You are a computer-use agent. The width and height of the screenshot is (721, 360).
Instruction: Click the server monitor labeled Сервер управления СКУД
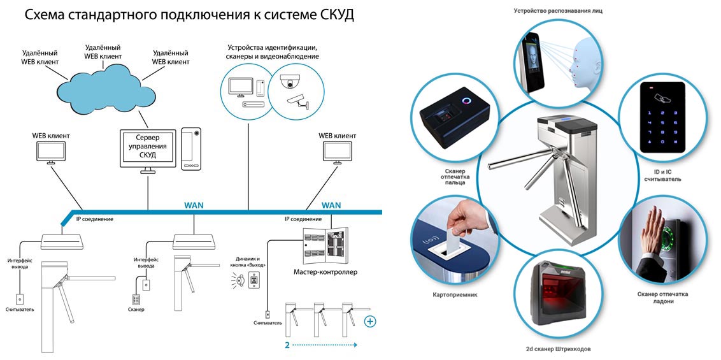click(x=148, y=148)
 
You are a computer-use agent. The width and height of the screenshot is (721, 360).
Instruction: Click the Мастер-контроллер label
click(x=325, y=272)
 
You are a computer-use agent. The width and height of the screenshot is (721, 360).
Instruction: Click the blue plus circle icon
click(x=369, y=322)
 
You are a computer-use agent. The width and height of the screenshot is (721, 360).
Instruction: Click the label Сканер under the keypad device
click(x=136, y=310)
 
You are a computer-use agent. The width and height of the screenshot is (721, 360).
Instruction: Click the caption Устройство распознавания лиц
click(x=558, y=10)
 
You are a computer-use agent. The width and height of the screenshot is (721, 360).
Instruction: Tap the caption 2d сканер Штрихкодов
click(x=563, y=349)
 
